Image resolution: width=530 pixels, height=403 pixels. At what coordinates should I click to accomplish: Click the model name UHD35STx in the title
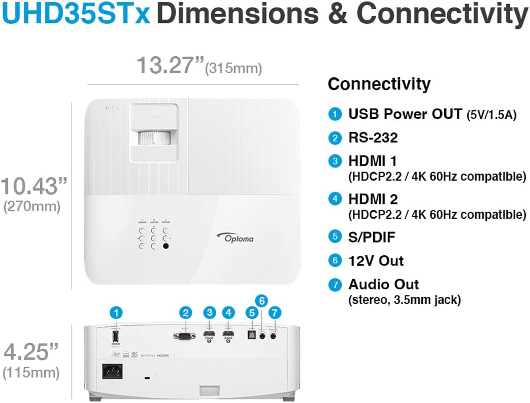tap(76, 14)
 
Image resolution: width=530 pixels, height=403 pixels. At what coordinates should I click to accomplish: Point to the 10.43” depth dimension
tap(35, 186)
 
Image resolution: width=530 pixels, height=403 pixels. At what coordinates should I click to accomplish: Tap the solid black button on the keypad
tap(165, 246)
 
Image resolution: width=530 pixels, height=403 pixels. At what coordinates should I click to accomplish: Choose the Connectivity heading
tap(379, 84)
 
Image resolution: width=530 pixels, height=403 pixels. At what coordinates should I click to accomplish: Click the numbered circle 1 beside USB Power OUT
tap(335, 114)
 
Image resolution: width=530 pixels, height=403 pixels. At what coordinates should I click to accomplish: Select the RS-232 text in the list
tap(373, 138)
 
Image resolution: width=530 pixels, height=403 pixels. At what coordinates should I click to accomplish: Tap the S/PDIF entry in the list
tap(372, 237)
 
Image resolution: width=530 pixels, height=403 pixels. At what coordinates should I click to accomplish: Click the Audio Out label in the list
tap(383, 284)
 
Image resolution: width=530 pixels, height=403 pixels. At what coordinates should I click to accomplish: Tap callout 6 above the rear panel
tap(262, 301)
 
